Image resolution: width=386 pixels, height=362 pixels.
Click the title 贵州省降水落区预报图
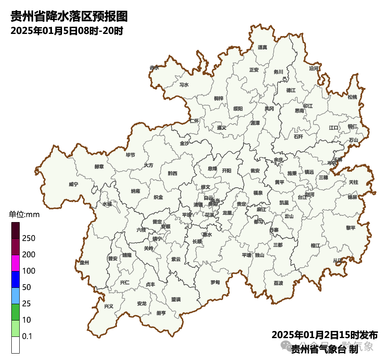(69, 17)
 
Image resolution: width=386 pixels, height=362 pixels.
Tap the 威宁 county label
(73, 184)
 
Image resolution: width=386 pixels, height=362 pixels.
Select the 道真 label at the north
(262, 47)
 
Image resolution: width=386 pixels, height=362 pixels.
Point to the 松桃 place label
(352, 97)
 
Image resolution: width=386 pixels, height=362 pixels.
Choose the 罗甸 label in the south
(215, 282)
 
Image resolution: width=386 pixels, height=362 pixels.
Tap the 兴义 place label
(109, 306)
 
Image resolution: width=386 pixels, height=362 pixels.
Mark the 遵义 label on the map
(221, 128)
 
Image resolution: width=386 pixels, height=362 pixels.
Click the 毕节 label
(130, 155)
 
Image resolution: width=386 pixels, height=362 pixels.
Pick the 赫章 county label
(99, 166)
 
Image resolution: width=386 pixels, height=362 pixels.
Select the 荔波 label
(278, 283)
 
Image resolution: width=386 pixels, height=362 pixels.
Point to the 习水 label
(184, 85)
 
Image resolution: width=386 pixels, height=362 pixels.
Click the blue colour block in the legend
(16, 279)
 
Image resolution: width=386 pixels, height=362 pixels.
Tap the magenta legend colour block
(16, 263)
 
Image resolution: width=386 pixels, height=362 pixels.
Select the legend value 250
(28, 238)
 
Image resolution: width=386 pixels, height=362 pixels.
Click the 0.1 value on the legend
(27, 336)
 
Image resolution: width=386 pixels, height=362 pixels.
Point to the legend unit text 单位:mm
(24, 215)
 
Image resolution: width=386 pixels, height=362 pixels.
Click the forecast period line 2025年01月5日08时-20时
(67, 31)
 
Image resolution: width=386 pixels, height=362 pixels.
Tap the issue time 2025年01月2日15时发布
(325, 335)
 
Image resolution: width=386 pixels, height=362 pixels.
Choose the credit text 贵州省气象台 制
(325, 349)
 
